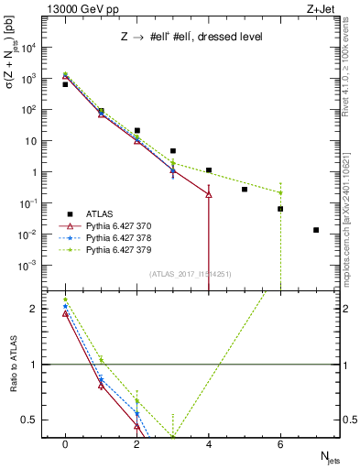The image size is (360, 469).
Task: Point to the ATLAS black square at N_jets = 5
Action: tap(245, 190)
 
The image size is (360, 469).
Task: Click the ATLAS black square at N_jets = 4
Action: tap(209, 170)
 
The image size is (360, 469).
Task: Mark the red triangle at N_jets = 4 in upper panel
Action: tap(209, 194)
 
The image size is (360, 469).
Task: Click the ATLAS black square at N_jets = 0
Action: tap(65, 84)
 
